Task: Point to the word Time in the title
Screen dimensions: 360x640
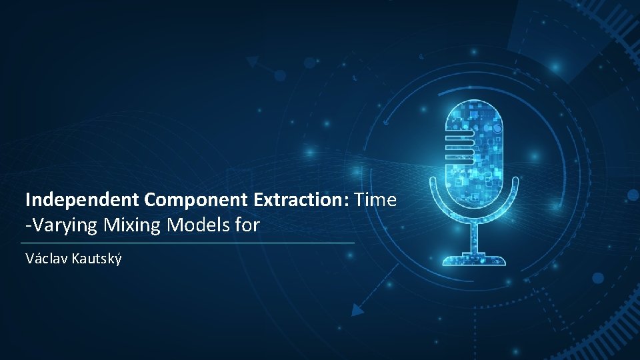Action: tap(377, 199)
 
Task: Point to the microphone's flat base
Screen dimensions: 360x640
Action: tap(474, 259)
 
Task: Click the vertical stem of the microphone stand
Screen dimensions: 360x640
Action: tap(474, 236)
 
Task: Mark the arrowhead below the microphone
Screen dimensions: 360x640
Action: tap(358, 309)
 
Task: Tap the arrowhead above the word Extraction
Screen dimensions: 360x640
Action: tap(253, 62)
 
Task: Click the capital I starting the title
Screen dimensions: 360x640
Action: tap(28, 199)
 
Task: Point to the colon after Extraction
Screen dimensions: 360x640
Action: tap(349, 200)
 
